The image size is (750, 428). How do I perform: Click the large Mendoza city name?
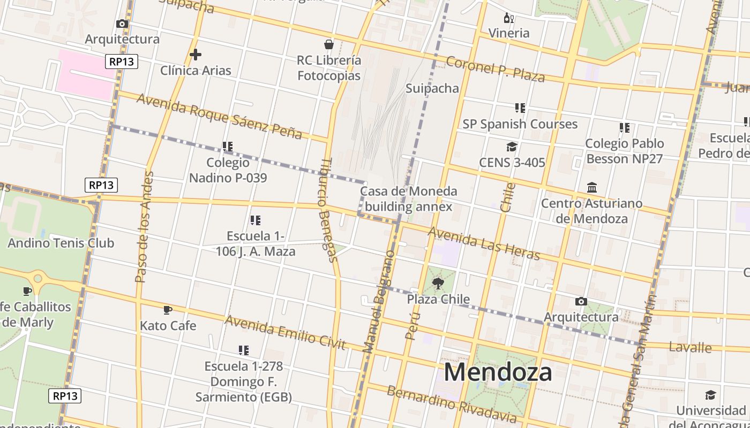[x=498, y=372]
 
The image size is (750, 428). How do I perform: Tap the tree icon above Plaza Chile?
[x=438, y=284]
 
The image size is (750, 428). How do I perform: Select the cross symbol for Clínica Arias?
[x=196, y=55]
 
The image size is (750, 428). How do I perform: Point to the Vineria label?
[x=508, y=33]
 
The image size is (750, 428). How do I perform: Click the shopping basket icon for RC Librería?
[x=329, y=44]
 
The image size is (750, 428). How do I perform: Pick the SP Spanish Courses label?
[x=520, y=124]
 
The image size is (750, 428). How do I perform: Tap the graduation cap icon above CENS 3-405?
[x=512, y=147]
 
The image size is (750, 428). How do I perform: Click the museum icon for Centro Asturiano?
[x=592, y=188]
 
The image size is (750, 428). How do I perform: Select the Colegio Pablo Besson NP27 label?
[x=624, y=151]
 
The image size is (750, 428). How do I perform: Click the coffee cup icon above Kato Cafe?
[x=168, y=310]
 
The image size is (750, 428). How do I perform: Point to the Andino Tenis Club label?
[x=61, y=243]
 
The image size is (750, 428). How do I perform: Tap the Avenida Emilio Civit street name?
[x=285, y=332]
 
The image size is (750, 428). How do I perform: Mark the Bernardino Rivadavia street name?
[x=452, y=403]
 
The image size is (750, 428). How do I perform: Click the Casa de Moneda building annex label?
[x=408, y=198]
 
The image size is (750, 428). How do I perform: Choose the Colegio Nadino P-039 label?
[x=228, y=170]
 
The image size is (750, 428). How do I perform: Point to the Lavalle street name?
[x=691, y=348]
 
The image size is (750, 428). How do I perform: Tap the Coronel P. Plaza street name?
[x=495, y=69]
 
